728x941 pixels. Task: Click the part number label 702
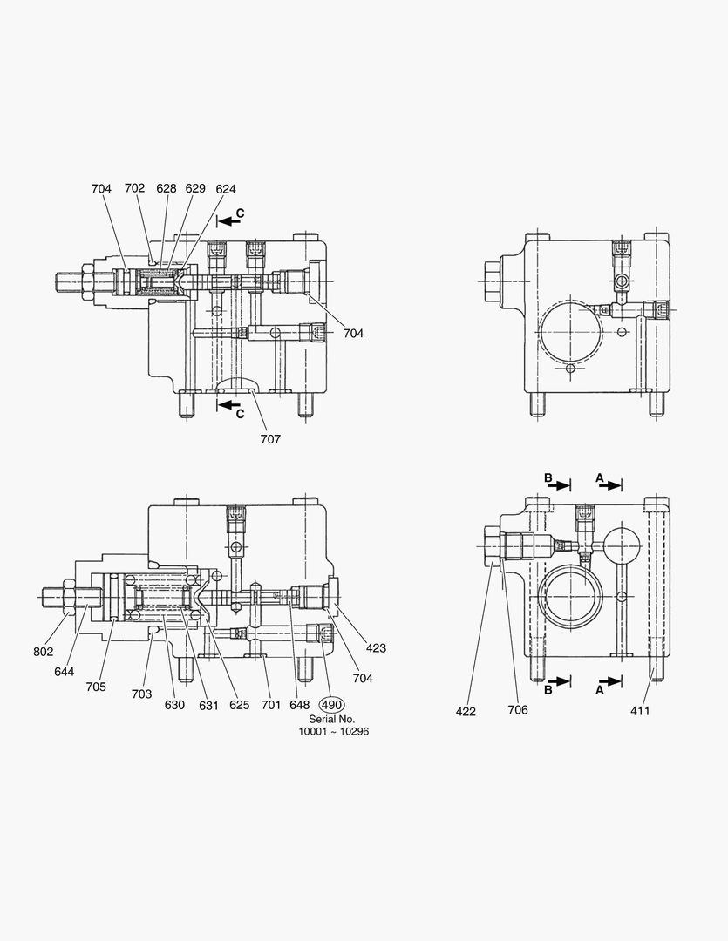(x=134, y=188)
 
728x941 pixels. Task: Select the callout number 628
(x=167, y=188)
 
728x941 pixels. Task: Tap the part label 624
(x=226, y=188)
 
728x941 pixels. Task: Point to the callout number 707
(x=270, y=439)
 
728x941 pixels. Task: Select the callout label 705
(x=96, y=687)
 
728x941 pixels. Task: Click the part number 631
(x=208, y=706)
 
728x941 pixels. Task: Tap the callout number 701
(x=271, y=706)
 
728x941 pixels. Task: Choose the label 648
(x=300, y=706)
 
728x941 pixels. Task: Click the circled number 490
(x=332, y=705)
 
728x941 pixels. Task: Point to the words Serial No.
(x=332, y=719)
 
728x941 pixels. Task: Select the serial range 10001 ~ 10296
(x=334, y=732)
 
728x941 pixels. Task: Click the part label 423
(x=377, y=648)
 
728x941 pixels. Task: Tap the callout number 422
(x=466, y=711)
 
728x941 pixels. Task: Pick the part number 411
(x=641, y=711)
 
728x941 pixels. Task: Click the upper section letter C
(x=241, y=213)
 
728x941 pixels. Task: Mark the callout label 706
(x=518, y=710)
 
